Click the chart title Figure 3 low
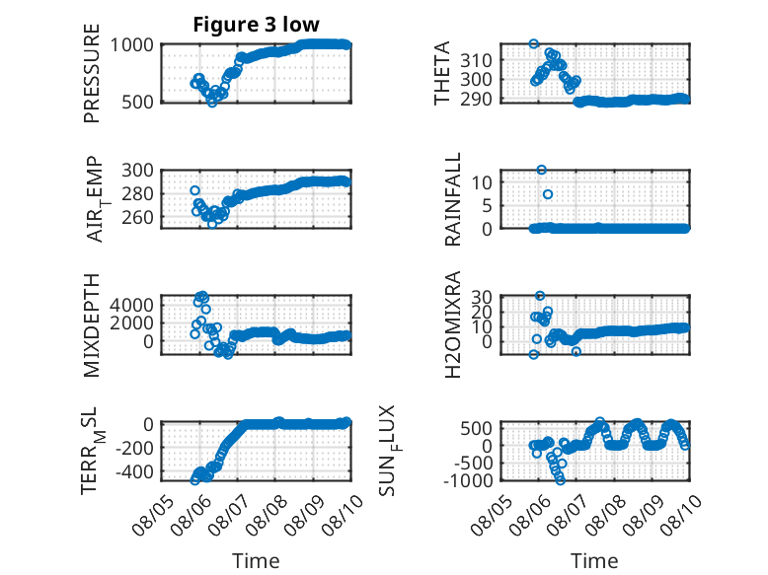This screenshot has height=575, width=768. point(256,25)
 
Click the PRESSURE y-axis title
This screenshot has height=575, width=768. point(92,73)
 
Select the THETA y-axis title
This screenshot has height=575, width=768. point(442,73)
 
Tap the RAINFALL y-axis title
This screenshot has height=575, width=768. point(453,199)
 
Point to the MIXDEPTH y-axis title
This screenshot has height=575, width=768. point(92,325)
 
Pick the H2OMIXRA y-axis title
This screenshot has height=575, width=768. point(453,324)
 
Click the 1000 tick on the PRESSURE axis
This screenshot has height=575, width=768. point(131,45)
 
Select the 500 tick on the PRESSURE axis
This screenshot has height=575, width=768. point(137,103)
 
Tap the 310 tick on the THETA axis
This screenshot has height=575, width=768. point(476,61)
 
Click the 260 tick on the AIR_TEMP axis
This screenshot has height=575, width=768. point(137,217)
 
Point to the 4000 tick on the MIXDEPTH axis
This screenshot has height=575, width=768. point(131,305)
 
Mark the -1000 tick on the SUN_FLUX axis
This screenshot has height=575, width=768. point(468,480)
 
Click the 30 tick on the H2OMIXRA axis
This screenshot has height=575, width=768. point(482,297)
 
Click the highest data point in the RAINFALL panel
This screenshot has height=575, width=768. point(541,170)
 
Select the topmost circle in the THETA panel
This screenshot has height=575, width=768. point(534,43)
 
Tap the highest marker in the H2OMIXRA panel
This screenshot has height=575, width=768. point(540,296)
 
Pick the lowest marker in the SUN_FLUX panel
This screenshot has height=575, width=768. point(561,480)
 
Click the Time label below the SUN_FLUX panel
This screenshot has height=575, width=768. point(594,560)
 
